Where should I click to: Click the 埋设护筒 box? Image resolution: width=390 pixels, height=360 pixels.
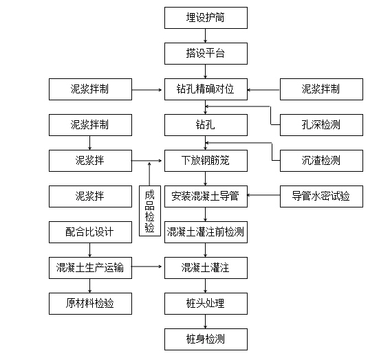point(206,18)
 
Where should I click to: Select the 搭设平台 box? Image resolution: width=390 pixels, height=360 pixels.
point(206,54)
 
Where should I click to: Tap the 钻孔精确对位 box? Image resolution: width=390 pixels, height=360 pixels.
point(206,89)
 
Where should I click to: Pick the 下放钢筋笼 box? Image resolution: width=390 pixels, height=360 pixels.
point(206,161)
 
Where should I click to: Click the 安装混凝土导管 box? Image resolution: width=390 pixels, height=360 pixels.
point(206,196)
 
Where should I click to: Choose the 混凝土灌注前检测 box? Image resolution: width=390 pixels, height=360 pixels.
point(206,232)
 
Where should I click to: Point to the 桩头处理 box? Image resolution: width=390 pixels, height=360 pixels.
point(206,304)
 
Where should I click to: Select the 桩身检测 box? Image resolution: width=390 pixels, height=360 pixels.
point(206,339)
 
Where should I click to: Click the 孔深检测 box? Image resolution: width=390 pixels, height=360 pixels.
point(321,125)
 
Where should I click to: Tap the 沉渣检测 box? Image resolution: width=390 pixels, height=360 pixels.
point(321,161)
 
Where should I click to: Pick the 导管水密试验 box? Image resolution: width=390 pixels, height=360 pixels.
point(321,196)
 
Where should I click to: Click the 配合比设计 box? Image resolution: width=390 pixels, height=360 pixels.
point(90,232)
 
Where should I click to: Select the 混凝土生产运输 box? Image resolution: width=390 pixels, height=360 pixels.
point(90,268)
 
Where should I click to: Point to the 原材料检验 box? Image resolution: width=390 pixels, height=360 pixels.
point(90,304)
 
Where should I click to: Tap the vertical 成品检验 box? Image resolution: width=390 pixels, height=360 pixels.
point(150,211)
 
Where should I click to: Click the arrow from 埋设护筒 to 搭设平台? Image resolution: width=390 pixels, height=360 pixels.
point(206,36)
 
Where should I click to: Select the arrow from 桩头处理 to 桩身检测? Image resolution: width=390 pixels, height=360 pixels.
point(206,322)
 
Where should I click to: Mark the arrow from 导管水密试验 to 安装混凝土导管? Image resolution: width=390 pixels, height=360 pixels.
point(263,195)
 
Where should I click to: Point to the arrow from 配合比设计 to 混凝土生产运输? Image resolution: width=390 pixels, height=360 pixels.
point(90,250)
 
